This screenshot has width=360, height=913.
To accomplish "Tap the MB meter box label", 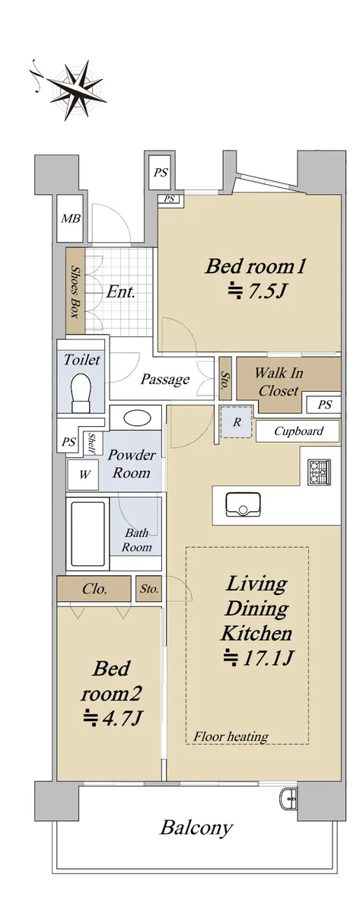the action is click(x=71, y=219).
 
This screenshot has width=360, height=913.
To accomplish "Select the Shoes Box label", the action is click(x=75, y=291).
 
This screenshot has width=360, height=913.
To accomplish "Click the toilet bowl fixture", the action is click(x=81, y=393).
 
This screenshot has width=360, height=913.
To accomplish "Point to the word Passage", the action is click(x=164, y=380).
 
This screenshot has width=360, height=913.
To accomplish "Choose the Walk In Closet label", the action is click(x=279, y=382).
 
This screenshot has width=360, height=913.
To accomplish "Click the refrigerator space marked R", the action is click(x=237, y=422).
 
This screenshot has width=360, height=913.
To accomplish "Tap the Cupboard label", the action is click(x=298, y=431).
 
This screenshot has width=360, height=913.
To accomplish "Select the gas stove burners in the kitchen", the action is click(x=319, y=472).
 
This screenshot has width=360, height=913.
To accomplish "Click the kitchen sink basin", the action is click(x=243, y=504).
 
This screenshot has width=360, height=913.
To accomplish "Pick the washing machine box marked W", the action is click(x=83, y=475).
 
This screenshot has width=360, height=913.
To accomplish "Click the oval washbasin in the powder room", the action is click(x=137, y=418).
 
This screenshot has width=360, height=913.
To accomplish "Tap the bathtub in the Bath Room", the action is click(x=88, y=533).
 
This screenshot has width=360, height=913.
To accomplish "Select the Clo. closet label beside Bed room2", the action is click(x=94, y=589).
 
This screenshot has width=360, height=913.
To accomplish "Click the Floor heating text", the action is click(x=231, y=736).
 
